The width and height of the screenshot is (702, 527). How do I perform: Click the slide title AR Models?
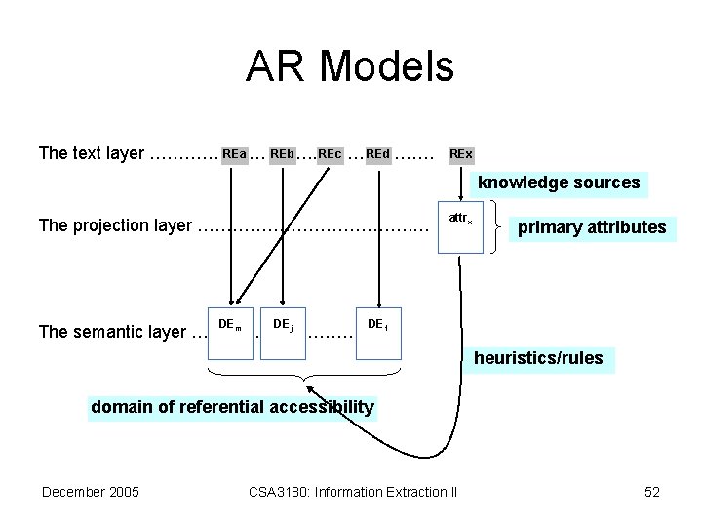pyautogui.click(x=350, y=67)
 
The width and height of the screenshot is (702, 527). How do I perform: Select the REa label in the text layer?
pyautogui.click(x=233, y=154)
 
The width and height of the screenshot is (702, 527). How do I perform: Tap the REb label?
pyautogui.click(x=282, y=154)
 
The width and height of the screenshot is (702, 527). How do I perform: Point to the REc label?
pyautogui.click(x=330, y=154)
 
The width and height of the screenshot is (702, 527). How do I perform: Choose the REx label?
pyautogui.click(x=460, y=154)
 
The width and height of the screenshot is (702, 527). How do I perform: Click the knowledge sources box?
pyautogui.click(x=559, y=182)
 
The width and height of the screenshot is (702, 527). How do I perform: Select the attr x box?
pyautogui.click(x=460, y=229)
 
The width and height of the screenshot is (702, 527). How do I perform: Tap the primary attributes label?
pyautogui.click(x=592, y=228)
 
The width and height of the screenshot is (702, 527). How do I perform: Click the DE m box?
pyautogui.click(x=231, y=331)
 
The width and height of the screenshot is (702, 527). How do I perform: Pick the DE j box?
pyautogui.click(x=283, y=331)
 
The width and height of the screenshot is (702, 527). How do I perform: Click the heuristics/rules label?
pyautogui.click(x=538, y=358)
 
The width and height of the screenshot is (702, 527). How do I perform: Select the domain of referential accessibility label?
pyautogui.click(x=231, y=407)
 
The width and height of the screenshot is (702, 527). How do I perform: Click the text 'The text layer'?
pyautogui.click(x=91, y=154)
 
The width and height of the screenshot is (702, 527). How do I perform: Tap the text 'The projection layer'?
pyautogui.click(x=115, y=226)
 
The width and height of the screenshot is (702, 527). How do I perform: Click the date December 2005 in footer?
pyautogui.click(x=90, y=492)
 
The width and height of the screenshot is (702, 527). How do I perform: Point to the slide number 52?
pyautogui.click(x=652, y=492)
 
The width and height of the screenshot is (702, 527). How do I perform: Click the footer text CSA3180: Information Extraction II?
pyautogui.click(x=352, y=492)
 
